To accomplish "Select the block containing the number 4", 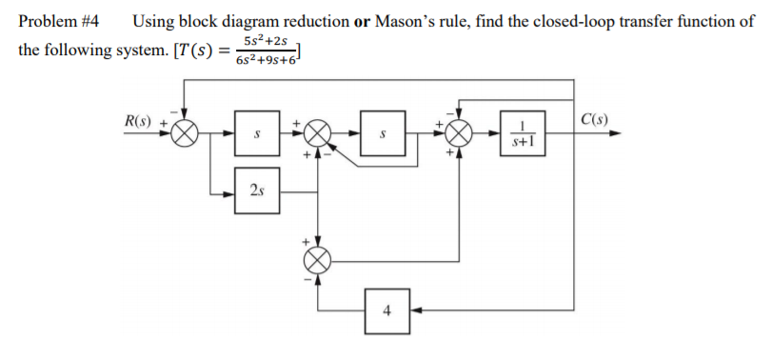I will point(386,310).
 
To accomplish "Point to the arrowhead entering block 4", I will point(413,310).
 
